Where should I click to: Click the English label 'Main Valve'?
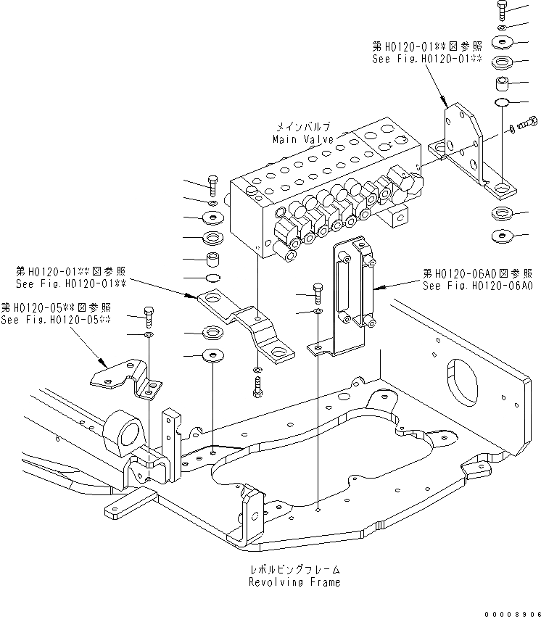tap(303, 138)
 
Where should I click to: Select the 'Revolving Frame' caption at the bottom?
tap(294, 581)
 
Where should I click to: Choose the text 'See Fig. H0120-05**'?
tap(56, 320)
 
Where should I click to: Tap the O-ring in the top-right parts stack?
tap(504, 102)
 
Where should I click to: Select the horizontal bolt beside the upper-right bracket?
tap(526, 125)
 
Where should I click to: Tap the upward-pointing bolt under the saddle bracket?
tap(257, 384)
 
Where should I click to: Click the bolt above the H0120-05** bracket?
tap(149, 315)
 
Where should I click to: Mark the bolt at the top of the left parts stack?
tap(212, 185)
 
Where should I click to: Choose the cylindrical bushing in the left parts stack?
tap(214, 259)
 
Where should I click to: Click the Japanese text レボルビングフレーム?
tap(294, 569)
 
